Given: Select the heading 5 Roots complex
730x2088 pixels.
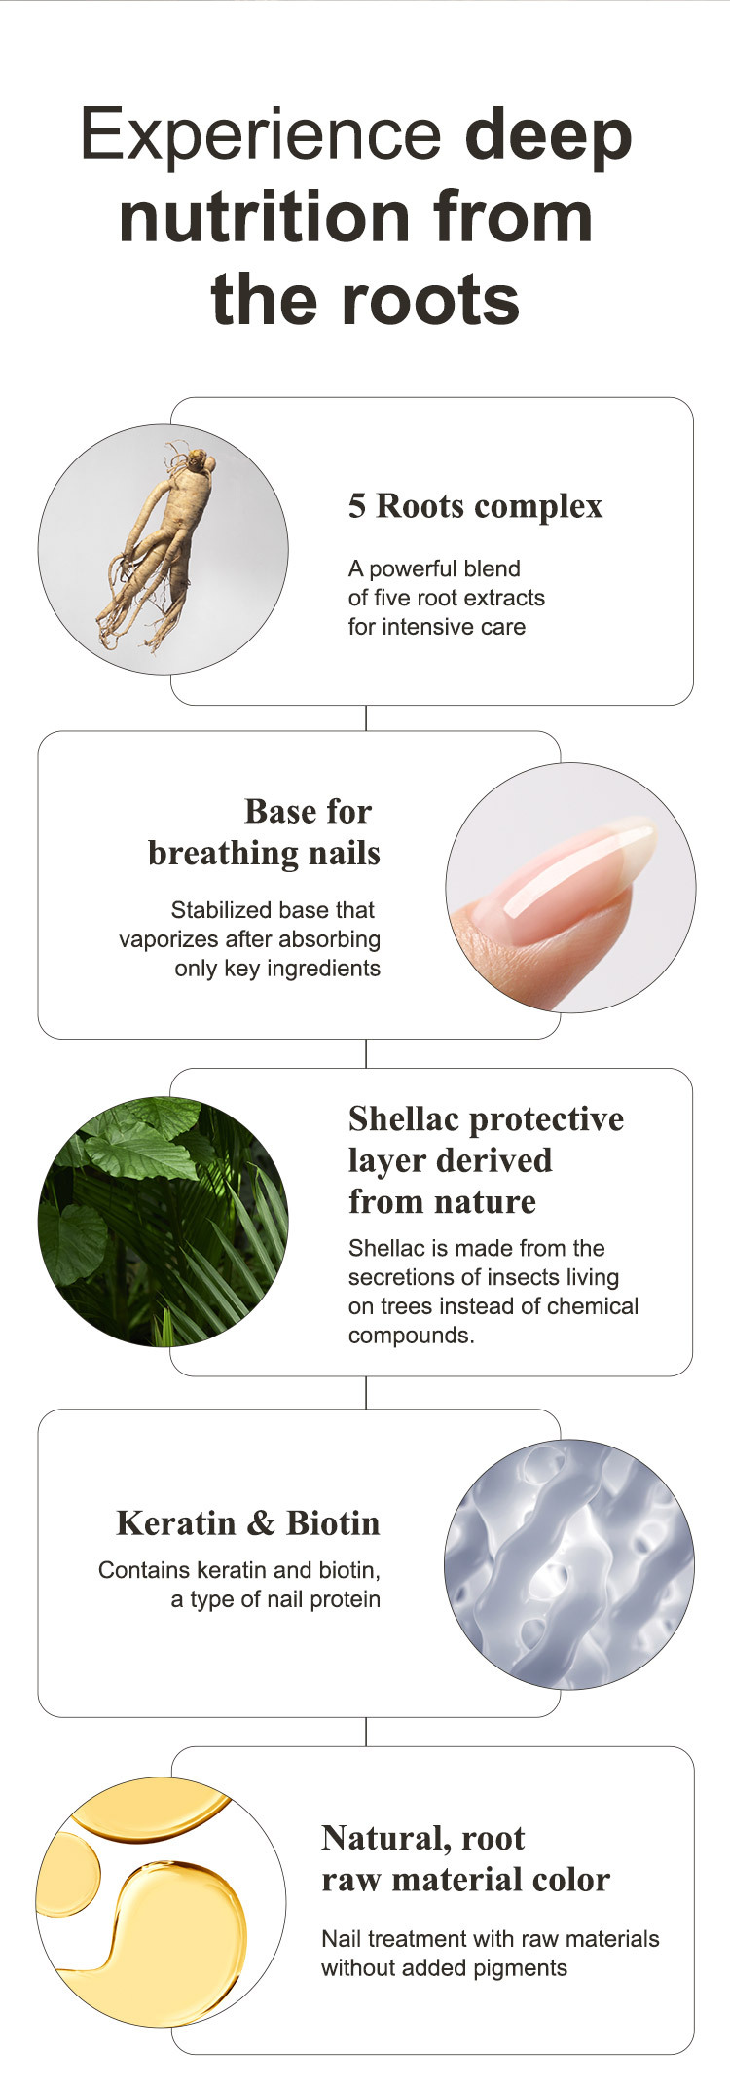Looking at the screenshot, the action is (476, 506).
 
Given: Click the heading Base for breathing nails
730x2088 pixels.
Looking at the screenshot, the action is (264, 832).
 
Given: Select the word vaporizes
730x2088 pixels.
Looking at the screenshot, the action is (167, 939).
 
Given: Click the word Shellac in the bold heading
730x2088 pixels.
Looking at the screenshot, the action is (405, 1118).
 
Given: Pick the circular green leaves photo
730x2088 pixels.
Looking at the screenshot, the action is (163, 1222).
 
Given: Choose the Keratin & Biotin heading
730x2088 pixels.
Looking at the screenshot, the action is (248, 1523).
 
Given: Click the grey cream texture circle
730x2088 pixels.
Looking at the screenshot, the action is (569, 1564).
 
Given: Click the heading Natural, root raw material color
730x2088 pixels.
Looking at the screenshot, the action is (465, 1858).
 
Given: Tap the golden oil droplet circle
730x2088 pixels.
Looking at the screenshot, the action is (162, 1903).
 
